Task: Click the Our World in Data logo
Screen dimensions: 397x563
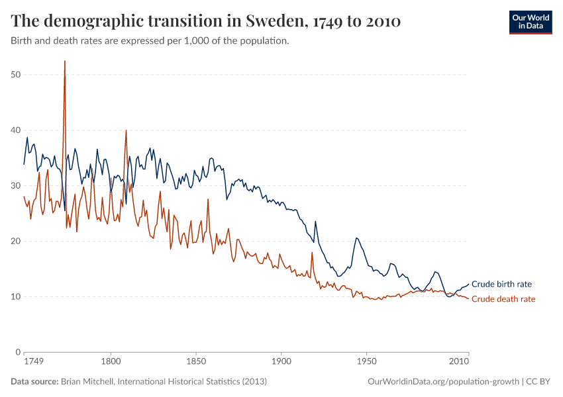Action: click(x=530, y=21)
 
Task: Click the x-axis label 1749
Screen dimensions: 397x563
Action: click(x=34, y=362)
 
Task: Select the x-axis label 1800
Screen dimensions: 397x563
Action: click(x=111, y=362)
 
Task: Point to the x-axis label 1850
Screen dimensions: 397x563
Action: click(x=196, y=362)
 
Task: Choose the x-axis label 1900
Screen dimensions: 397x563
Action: click(x=281, y=362)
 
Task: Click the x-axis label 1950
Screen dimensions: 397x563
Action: click(x=366, y=362)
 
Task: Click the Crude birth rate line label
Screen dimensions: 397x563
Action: click(x=501, y=284)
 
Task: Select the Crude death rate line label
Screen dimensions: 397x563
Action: click(x=503, y=299)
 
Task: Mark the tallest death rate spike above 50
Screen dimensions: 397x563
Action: click(x=64, y=62)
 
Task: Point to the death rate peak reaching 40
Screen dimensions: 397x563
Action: click(x=126, y=131)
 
